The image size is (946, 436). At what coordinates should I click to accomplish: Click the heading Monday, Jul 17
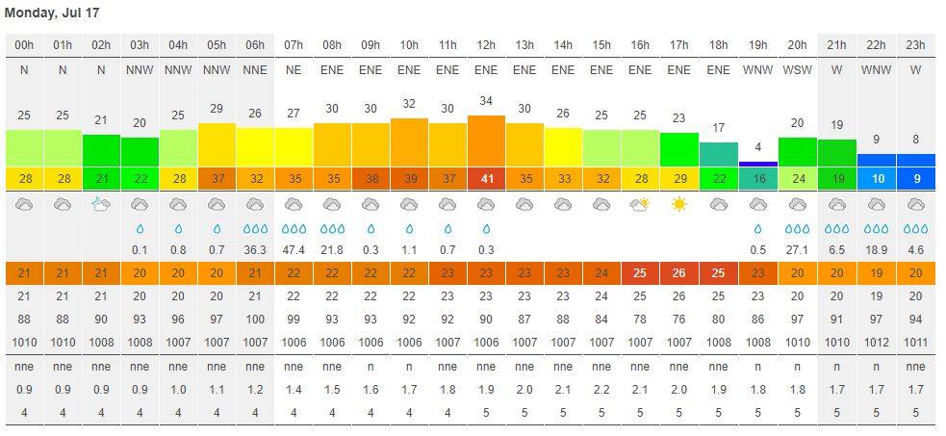point(52,13)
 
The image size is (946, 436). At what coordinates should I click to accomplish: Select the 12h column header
point(486,45)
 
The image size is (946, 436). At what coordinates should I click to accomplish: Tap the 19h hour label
point(756,45)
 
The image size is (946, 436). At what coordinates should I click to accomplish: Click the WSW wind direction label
point(797,70)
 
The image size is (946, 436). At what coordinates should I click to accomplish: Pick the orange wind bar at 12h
point(486,141)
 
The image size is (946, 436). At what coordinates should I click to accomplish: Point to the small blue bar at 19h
point(757,164)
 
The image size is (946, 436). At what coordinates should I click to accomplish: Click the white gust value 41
point(486,179)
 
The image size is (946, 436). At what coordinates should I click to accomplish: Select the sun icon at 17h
point(679,205)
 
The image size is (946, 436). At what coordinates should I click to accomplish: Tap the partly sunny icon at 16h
point(640,205)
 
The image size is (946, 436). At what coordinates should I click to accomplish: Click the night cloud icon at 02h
point(101,205)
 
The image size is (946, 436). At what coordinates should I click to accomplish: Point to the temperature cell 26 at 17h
point(679,273)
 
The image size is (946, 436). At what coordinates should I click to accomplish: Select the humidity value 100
point(255,319)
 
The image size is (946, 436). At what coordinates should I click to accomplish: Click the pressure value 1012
point(876,342)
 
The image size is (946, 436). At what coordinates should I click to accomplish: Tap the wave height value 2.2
point(601,389)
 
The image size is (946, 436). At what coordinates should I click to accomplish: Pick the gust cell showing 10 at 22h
point(876,179)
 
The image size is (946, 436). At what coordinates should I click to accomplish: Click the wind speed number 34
point(486,101)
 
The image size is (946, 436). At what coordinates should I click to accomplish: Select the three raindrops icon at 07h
point(294,229)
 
